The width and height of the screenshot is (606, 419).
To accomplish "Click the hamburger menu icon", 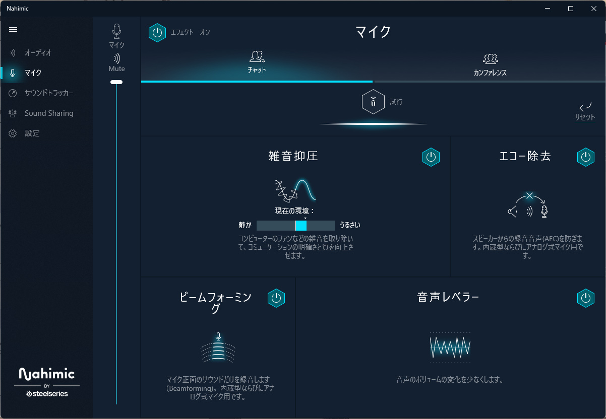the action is [x=13, y=30].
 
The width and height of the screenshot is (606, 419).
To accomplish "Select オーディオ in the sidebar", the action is [x=38, y=53].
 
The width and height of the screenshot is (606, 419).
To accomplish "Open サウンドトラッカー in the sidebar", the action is [x=49, y=93].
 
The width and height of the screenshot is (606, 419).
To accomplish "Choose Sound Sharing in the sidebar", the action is [x=49, y=113].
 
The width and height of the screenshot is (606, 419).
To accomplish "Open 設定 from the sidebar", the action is [x=32, y=133].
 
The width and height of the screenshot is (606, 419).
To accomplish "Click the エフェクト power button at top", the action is [x=157, y=33].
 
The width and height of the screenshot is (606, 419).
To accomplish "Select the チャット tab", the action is [x=257, y=62].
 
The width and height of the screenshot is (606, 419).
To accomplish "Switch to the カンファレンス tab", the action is [x=490, y=65].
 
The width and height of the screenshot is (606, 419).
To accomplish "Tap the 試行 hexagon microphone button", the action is [x=373, y=102].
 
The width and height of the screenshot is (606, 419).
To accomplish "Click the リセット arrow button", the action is [x=585, y=106].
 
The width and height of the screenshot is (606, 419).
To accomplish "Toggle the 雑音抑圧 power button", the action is [x=431, y=157].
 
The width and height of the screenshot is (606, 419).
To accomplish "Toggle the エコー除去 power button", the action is [x=586, y=157].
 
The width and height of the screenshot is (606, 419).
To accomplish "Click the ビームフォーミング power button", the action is [x=276, y=298].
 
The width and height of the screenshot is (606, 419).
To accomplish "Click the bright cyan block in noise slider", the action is [x=301, y=226].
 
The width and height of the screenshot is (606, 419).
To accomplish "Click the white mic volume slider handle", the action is [x=116, y=82].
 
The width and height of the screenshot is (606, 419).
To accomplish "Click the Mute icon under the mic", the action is [x=116, y=58].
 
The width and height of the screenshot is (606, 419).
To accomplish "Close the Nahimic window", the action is [x=594, y=9].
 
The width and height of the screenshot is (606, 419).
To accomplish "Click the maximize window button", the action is [x=571, y=9].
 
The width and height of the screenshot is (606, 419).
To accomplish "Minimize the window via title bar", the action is [x=548, y=9].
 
